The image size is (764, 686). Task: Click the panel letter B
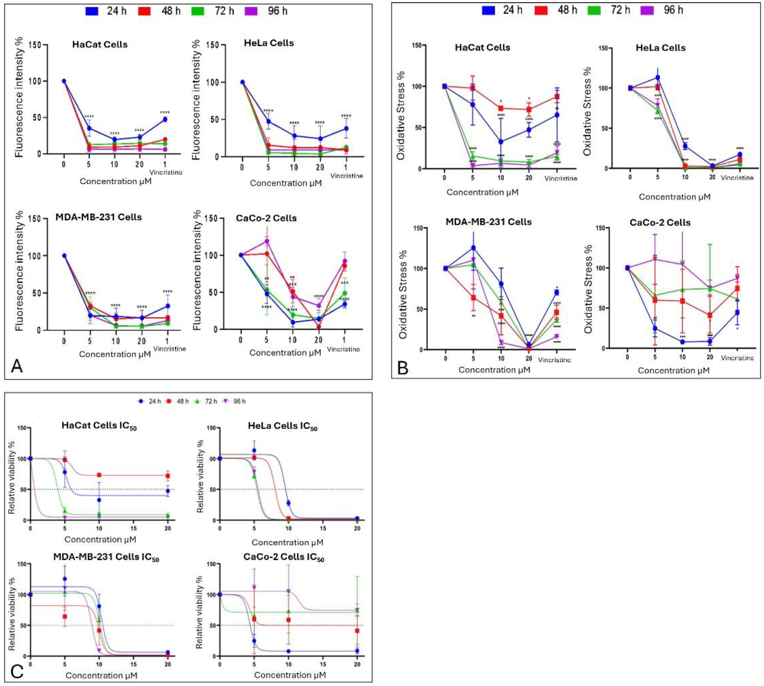click(403, 367)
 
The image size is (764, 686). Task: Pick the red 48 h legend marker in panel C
click(169, 401)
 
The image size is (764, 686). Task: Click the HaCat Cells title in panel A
click(100, 44)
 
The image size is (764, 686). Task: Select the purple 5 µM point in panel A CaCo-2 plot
click(267, 241)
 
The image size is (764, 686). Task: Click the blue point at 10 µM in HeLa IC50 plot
click(289, 503)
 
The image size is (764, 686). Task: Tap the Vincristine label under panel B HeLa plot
click(737, 178)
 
